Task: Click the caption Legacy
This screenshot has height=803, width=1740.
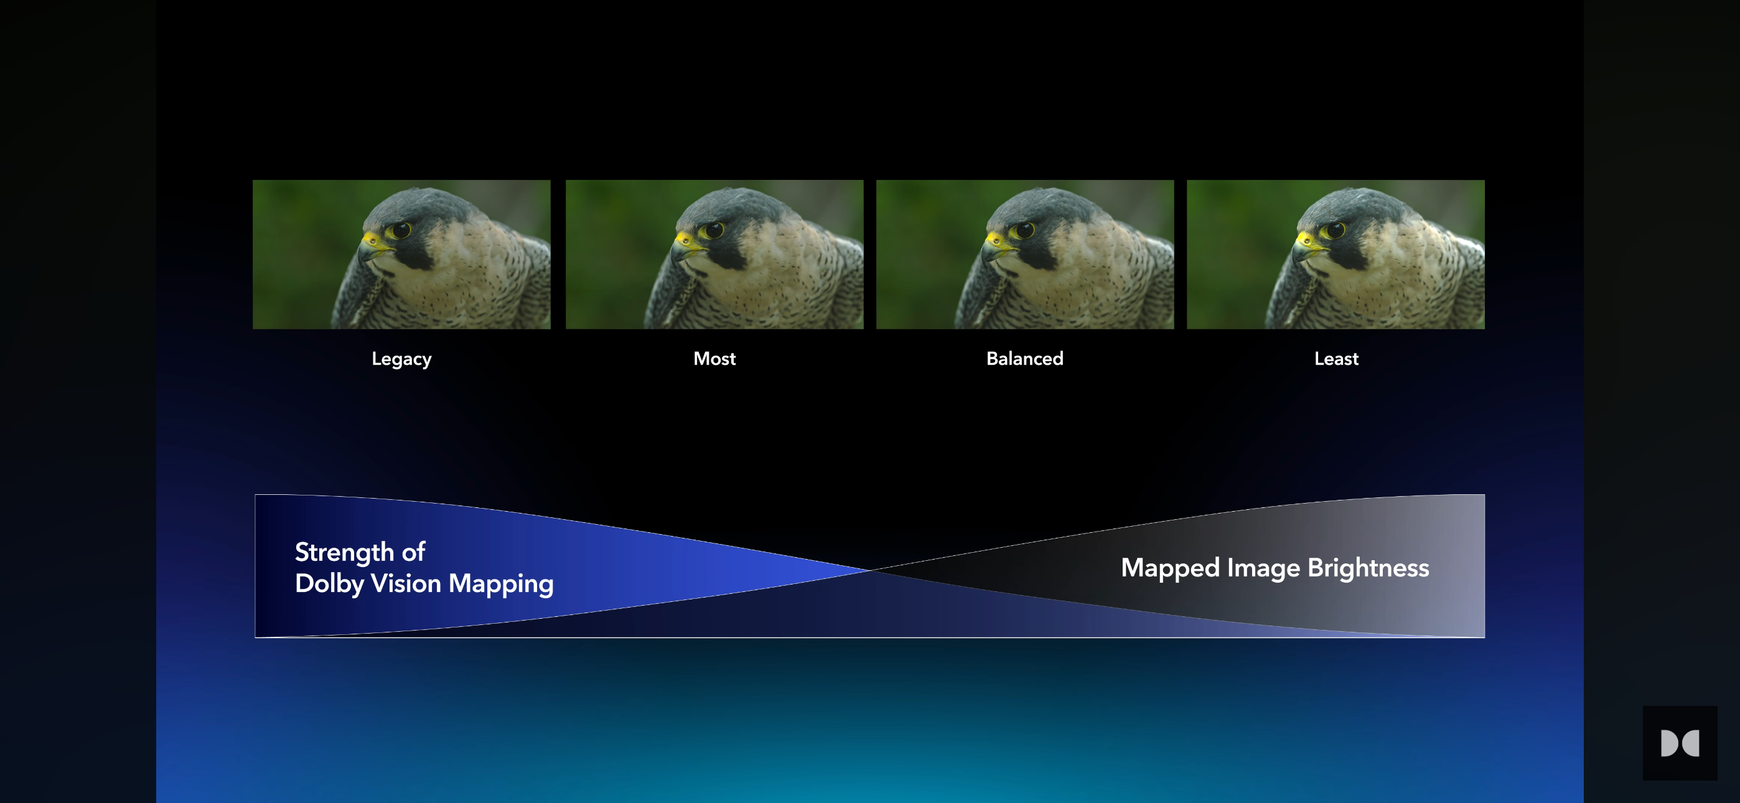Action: pos(401,359)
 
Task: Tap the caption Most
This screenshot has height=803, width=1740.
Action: pos(714,359)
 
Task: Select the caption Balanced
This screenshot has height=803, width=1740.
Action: pos(1025,359)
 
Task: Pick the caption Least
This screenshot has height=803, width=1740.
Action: pos(1336,359)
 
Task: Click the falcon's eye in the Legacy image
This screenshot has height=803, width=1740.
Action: pos(401,230)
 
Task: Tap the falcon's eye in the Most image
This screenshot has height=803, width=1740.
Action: pos(713,230)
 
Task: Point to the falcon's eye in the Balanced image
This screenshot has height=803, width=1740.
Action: pos(1024,230)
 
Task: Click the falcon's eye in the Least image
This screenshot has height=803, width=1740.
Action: pos(1335,230)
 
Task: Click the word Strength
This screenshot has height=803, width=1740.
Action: pos(345,553)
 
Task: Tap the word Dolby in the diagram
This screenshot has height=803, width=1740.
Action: pos(329,584)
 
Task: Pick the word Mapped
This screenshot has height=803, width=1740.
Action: pos(1171,568)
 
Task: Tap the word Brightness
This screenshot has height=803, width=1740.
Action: pos(1368,568)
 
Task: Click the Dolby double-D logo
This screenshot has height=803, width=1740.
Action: pos(1680,743)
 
